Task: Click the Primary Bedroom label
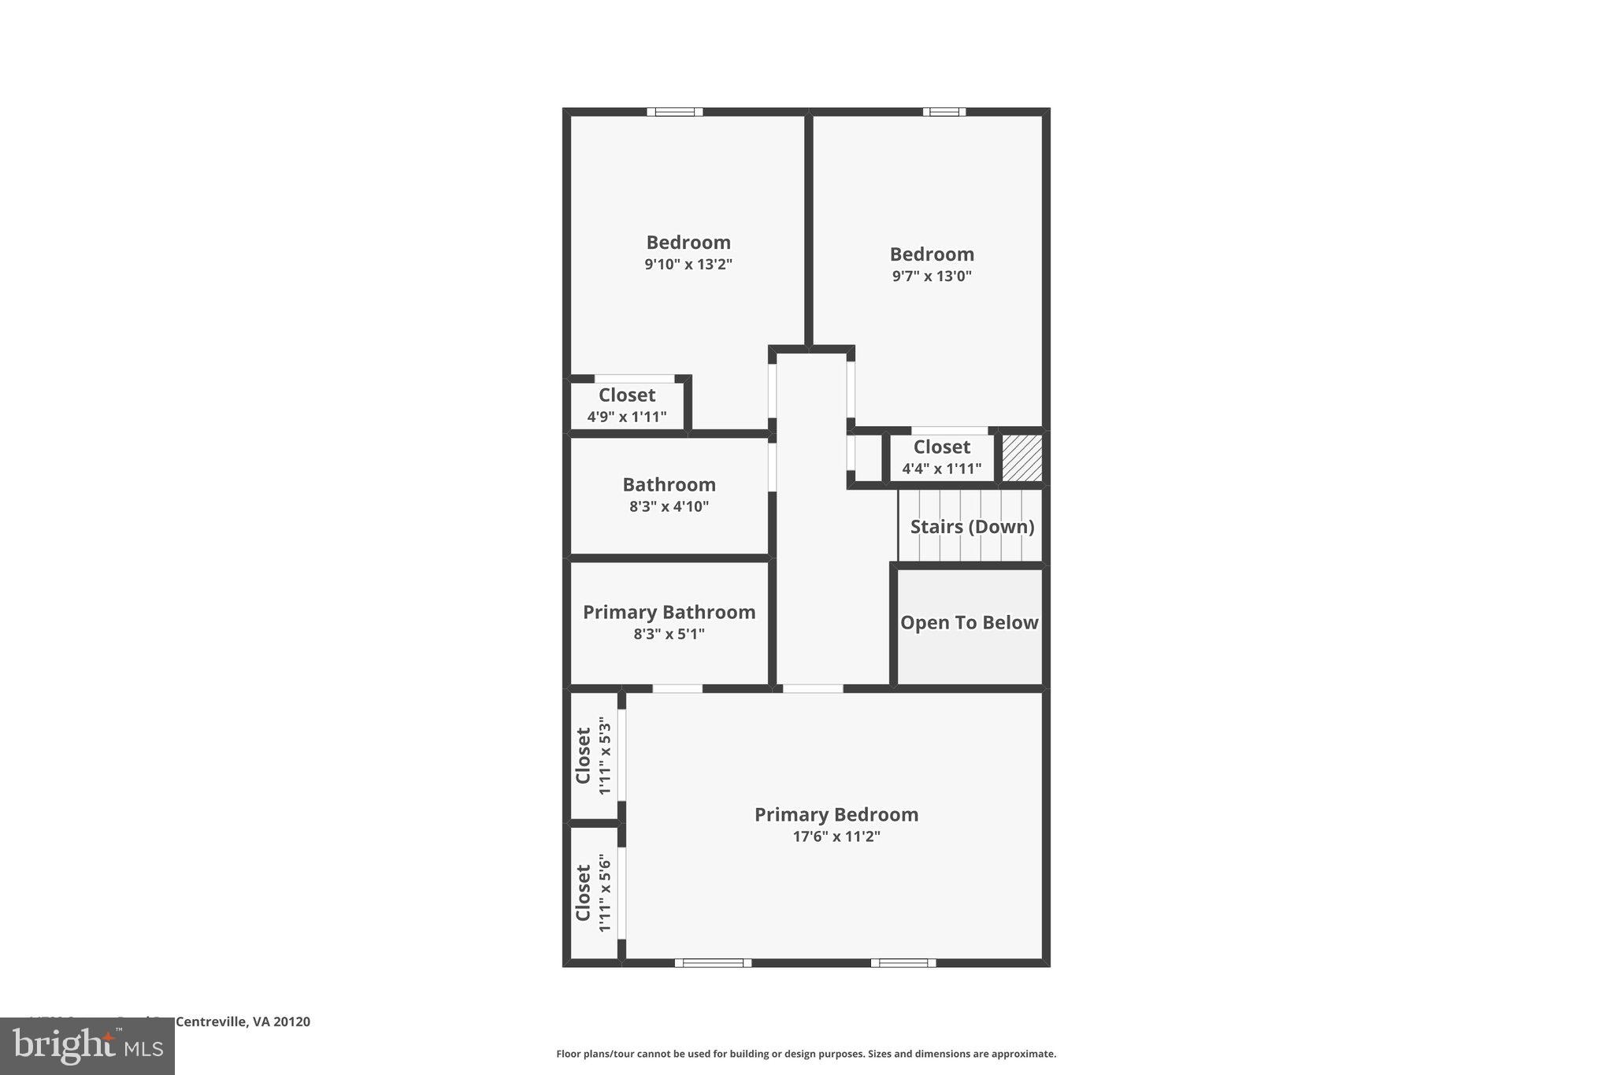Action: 836,814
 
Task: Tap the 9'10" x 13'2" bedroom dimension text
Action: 688,265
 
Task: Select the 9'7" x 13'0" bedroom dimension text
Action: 932,276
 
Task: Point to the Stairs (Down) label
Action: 972,527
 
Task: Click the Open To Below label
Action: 969,623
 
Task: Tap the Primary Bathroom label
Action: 669,612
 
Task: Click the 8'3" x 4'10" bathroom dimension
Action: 669,506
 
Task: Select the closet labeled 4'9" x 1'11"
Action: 627,405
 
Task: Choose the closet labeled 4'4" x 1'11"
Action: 941,458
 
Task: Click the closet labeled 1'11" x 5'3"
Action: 593,755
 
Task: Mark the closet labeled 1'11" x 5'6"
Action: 593,893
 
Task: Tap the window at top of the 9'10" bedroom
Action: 675,112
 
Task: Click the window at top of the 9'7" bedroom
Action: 944,112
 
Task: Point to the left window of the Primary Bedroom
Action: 713,962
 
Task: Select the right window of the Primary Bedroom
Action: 903,962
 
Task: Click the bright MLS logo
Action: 87,1047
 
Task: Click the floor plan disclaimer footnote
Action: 806,1054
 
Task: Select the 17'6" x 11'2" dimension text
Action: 836,836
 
